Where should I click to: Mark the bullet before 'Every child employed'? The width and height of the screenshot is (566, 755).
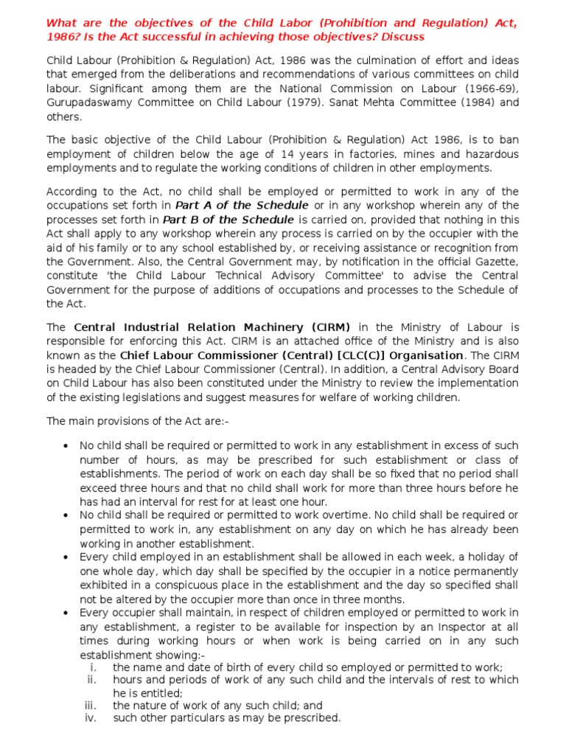point(66,557)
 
